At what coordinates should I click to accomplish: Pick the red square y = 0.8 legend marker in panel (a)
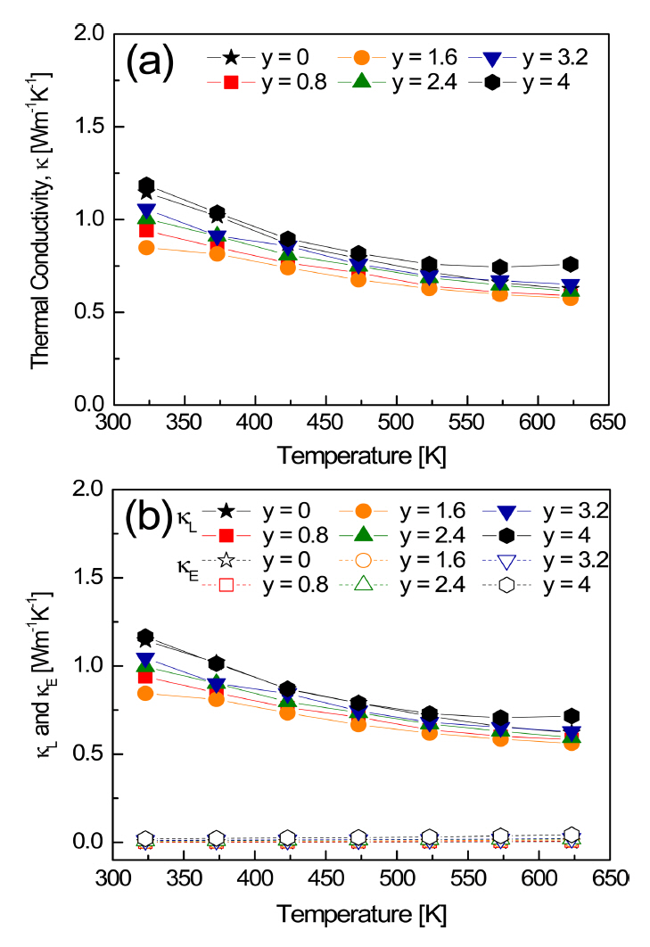(x=230, y=83)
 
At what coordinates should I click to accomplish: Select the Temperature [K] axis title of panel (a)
(x=361, y=456)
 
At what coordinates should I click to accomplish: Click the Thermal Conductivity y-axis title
(x=41, y=218)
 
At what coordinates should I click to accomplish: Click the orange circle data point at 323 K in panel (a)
(x=146, y=248)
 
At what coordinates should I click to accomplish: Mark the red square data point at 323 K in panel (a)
(x=146, y=231)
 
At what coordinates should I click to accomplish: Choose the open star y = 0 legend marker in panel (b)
(x=226, y=561)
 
